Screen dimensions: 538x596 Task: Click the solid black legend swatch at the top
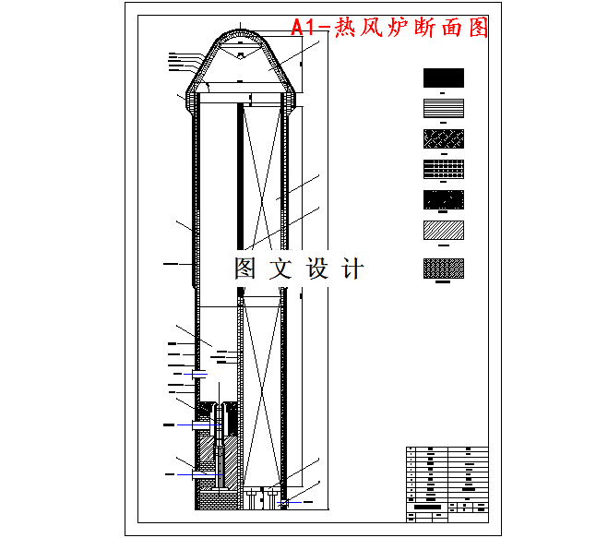(x=443, y=78)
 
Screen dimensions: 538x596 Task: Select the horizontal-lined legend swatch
(x=443, y=107)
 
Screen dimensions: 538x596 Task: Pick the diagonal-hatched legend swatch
(x=443, y=230)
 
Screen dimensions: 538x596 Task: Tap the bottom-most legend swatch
(x=443, y=268)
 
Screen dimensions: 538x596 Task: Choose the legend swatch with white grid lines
(x=443, y=170)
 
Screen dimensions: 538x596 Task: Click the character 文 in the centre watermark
(x=280, y=269)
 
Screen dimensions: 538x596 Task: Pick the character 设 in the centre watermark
(x=316, y=269)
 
